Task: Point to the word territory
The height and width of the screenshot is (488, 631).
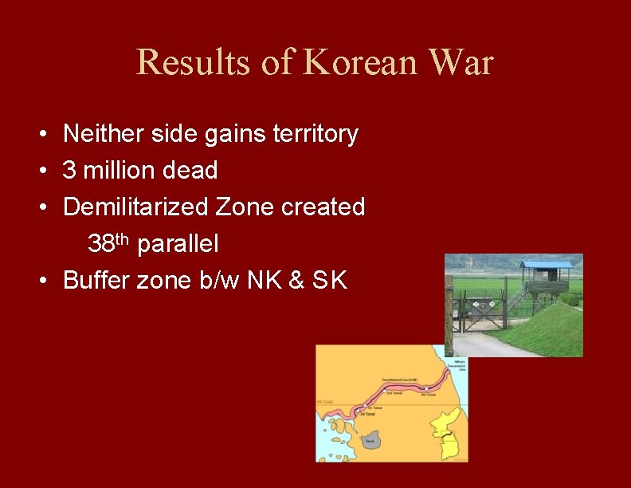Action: (315, 134)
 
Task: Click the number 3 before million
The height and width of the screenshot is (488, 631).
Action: (69, 170)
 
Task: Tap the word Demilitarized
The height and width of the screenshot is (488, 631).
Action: (136, 207)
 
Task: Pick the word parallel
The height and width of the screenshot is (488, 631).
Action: (178, 243)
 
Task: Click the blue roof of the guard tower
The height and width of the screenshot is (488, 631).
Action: (546, 265)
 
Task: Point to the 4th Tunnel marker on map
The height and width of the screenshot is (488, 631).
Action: (428, 392)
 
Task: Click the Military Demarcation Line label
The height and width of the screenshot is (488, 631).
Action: (459, 365)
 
